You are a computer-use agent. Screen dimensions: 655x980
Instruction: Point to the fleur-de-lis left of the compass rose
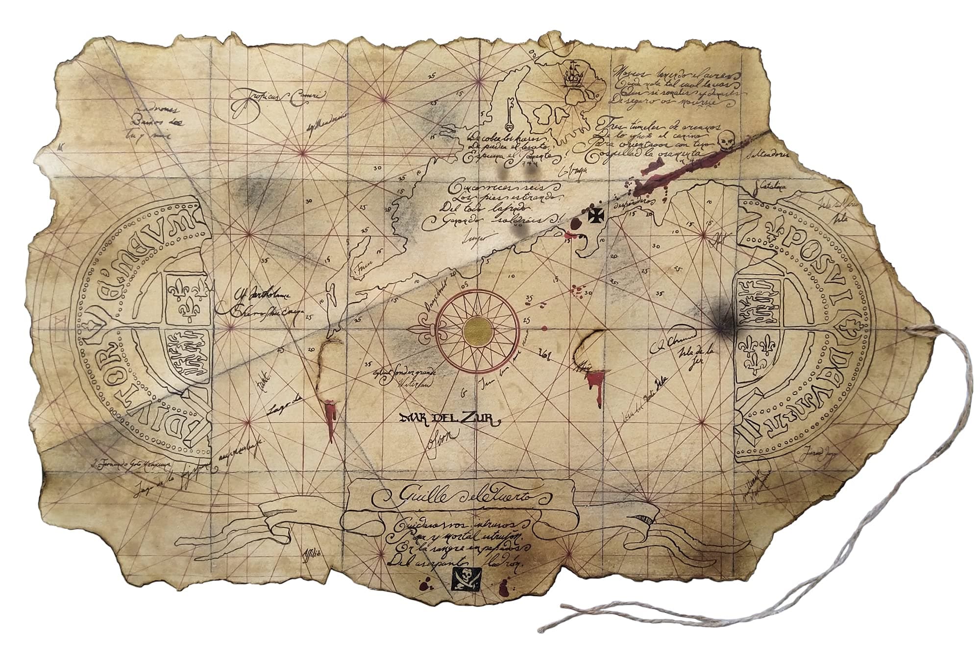422,327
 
